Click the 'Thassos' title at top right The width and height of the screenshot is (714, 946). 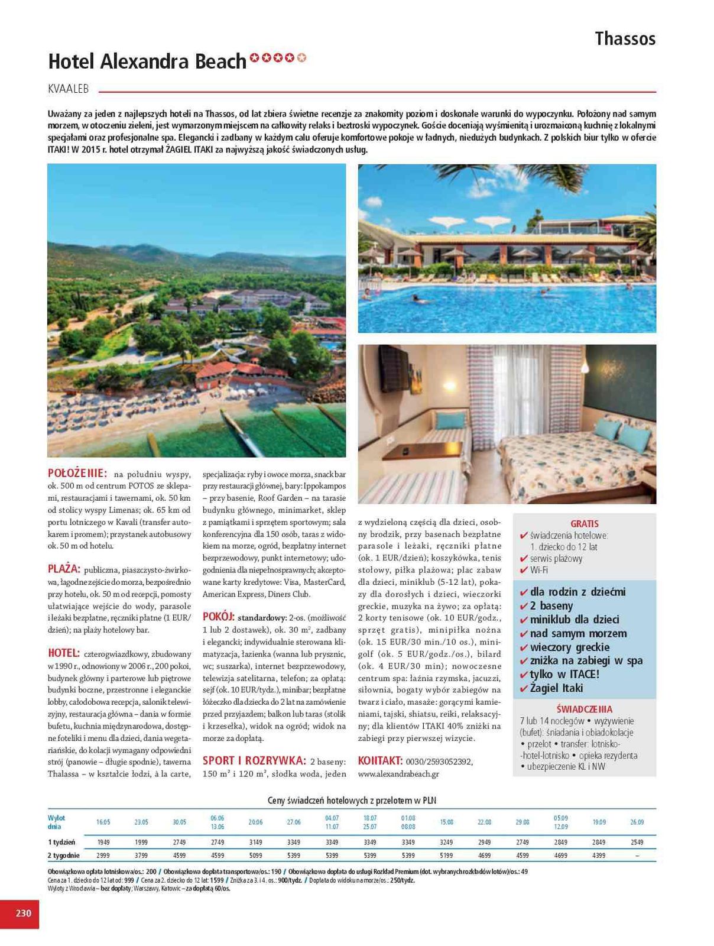coord(625,39)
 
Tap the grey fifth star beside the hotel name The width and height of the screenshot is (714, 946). coord(302,58)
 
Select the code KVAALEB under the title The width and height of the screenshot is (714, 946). coord(68,89)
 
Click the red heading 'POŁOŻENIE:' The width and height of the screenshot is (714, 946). coord(77,474)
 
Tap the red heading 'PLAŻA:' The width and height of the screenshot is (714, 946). coord(64,569)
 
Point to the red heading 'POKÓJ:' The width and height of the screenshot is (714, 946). coord(219,616)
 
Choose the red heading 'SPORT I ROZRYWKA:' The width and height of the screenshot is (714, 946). coord(254,760)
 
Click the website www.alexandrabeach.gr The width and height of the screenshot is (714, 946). coord(398,773)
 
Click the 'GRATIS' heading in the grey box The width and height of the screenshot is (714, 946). coord(584,524)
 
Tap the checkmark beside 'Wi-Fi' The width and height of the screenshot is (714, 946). coord(522,570)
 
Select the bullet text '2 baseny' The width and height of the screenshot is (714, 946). coord(551,606)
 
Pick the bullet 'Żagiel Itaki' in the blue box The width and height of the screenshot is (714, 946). coord(556,688)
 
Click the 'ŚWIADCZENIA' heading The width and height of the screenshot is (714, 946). coord(584,709)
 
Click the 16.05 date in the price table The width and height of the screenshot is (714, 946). coord(103,822)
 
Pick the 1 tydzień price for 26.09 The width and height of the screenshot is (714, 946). coord(637,842)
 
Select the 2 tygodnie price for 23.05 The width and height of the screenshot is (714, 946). coord(141,856)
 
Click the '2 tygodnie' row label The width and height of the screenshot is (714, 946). coord(63,856)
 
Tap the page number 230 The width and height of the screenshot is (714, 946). coord(23,913)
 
